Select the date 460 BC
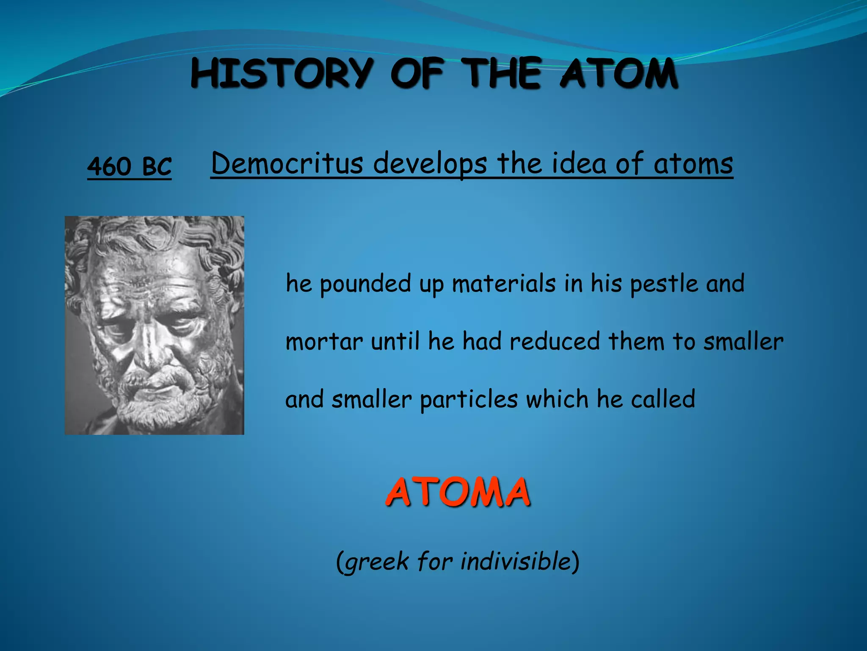129,166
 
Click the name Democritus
287,164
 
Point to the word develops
430,164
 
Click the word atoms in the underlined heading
693,164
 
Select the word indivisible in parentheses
516,561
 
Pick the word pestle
664,283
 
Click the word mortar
324,342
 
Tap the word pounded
365,283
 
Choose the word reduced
555,341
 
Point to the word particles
469,399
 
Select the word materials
503,283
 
